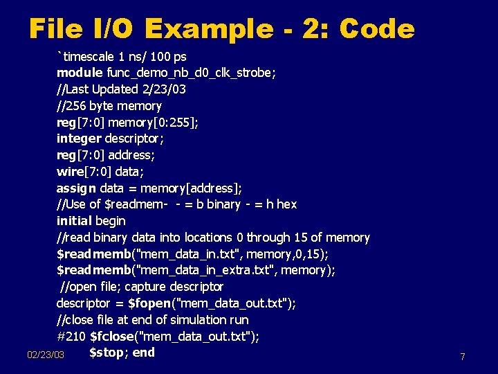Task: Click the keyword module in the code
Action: click(x=79, y=73)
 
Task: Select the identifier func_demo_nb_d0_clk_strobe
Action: click(x=190, y=73)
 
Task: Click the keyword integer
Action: click(x=79, y=139)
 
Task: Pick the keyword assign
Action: click(x=76, y=188)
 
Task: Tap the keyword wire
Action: click(x=70, y=171)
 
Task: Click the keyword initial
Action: click(x=73, y=221)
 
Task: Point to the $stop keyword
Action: click(x=106, y=353)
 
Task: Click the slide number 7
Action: click(x=462, y=357)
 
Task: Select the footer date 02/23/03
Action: click(x=46, y=355)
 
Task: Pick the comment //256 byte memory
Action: click(x=109, y=106)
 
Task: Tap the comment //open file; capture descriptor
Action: click(x=142, y=287)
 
